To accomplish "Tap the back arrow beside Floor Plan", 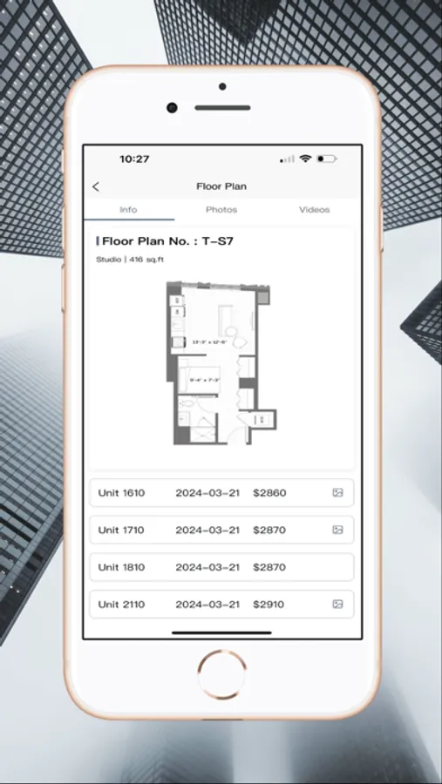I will (x=96, y=186).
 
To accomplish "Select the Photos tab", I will (x=221, y=210).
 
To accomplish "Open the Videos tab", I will (x=315, y=210).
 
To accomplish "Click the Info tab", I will (x=128, y=210).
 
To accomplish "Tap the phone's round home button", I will (x=221, y=673).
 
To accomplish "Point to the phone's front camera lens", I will (x=173, y=108).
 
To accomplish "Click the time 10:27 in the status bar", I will (x=134, y=159).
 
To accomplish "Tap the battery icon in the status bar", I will (x=327, y=159).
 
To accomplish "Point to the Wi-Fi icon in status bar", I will (x=305, y=159).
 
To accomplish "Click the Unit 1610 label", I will (x=121, y=493).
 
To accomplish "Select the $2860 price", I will (x=269, y=493).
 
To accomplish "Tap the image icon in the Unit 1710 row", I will (x=337, y=530).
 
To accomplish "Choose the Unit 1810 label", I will (x=121, y=567).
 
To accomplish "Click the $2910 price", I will (x=269, y=605).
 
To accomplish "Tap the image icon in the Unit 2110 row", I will (x=337, y=604).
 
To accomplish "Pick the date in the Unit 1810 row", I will (x=207, y=567).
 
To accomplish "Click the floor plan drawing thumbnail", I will (x=221, y=362).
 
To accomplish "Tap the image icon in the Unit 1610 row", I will (x=337, y=493).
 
